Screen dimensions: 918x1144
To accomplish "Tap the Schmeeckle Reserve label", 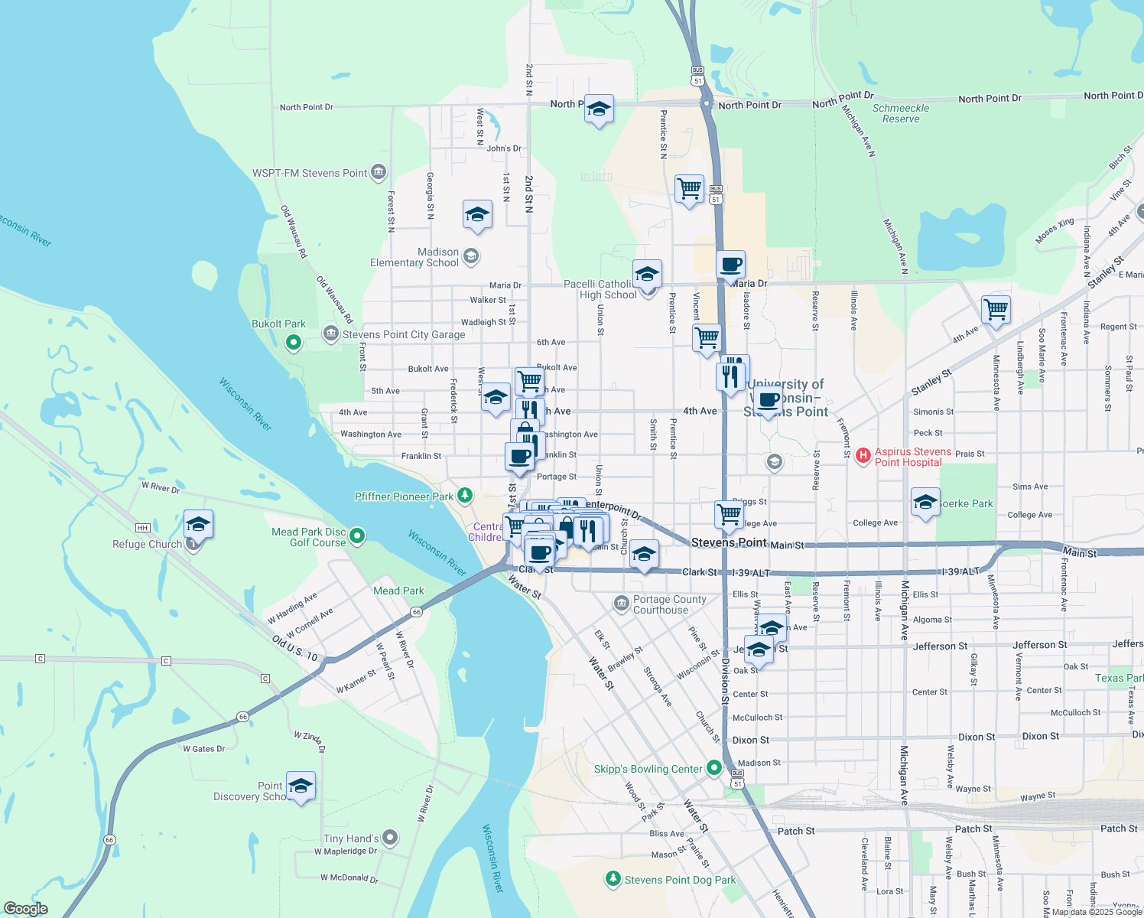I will click(x=901, y=113).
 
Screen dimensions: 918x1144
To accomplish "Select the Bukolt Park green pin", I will click(x=294, y=343).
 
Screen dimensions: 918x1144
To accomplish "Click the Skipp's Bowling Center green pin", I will click(x=714, y=767).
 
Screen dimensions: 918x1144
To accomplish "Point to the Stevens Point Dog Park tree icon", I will click(x=613, y=879).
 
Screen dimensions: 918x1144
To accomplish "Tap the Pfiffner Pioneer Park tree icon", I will click(x=464, y=496).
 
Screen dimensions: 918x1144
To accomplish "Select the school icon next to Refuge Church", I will click(x=198, y=524).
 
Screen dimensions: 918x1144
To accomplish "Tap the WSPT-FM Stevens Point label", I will click(x=310, y=174).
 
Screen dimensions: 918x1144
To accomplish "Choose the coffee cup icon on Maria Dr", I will click(x=730, y=265).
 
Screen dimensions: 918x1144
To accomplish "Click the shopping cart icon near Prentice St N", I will click(x=689, y=187).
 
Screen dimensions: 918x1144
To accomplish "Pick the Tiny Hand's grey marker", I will click(x=390, y=838).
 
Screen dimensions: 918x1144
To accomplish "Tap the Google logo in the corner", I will click(x=25, y=908).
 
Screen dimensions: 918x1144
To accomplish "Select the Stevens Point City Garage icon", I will click(x=331, y=334).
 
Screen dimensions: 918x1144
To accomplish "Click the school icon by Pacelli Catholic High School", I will click(x=647, y=274).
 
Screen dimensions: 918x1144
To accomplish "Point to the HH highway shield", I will click(x=142, y=528).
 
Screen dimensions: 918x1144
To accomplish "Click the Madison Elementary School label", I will click(x=414, y=257).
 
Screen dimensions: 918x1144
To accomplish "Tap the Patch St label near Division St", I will click(x=795, y=831).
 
